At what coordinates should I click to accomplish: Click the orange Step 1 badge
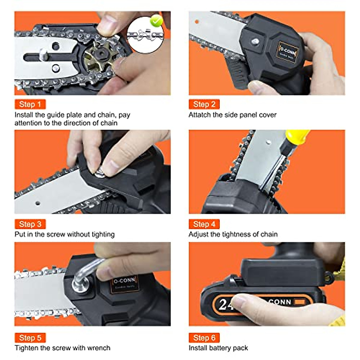[30, 104]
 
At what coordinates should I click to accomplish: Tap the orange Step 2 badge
[204, 104]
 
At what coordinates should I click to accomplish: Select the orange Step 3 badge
[30, 224]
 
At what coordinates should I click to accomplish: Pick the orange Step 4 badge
[204, 224]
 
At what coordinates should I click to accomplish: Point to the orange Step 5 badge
[30, 338]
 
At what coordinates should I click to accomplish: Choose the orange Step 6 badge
[204, 338]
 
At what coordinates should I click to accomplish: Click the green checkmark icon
[156, 20]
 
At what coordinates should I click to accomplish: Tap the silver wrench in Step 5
[87, 271]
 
